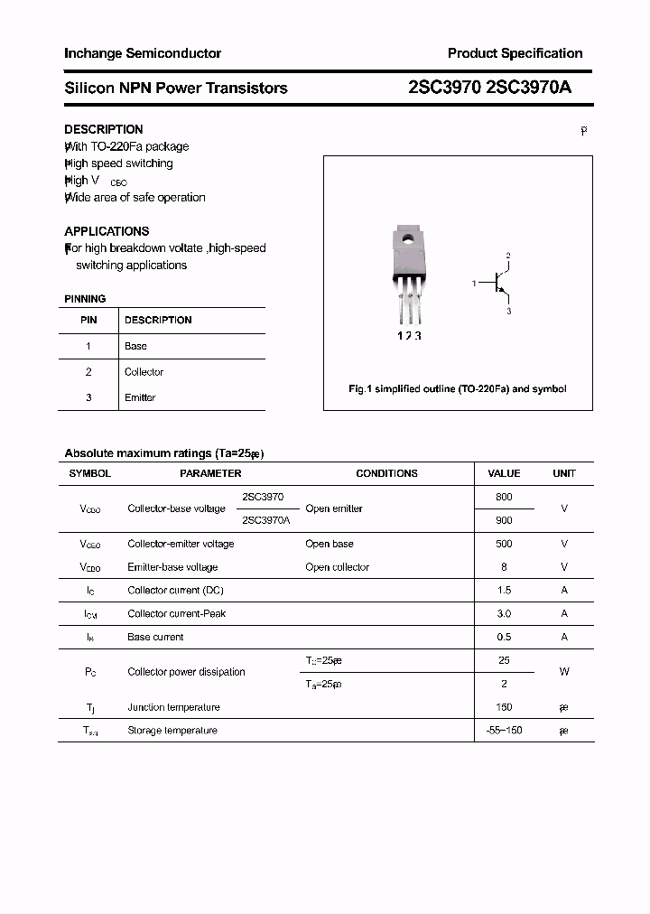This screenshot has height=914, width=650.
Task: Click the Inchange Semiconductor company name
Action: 143,53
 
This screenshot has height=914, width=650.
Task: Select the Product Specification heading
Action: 515,53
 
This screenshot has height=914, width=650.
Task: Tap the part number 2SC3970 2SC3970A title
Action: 489,88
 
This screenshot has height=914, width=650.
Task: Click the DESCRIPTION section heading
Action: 104,129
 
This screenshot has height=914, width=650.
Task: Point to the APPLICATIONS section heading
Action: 107,231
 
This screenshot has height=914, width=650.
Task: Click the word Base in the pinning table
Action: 135,346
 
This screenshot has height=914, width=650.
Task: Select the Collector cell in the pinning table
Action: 144,372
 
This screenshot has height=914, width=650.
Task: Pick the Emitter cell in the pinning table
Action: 140,397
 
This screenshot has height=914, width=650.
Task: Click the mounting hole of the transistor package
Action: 408,239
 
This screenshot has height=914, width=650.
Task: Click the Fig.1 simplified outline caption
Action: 458,389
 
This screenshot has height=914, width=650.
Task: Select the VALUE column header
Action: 504,473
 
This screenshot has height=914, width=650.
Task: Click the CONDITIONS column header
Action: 386,473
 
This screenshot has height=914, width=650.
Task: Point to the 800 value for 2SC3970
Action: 504,497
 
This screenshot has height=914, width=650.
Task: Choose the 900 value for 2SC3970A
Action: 504,520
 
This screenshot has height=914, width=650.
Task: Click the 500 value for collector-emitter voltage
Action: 504,544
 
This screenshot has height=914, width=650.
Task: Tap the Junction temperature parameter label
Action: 173,707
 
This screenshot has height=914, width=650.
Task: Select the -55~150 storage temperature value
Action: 504,731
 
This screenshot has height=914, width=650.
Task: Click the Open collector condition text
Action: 337,567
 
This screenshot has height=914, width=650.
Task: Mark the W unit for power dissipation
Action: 564,672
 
